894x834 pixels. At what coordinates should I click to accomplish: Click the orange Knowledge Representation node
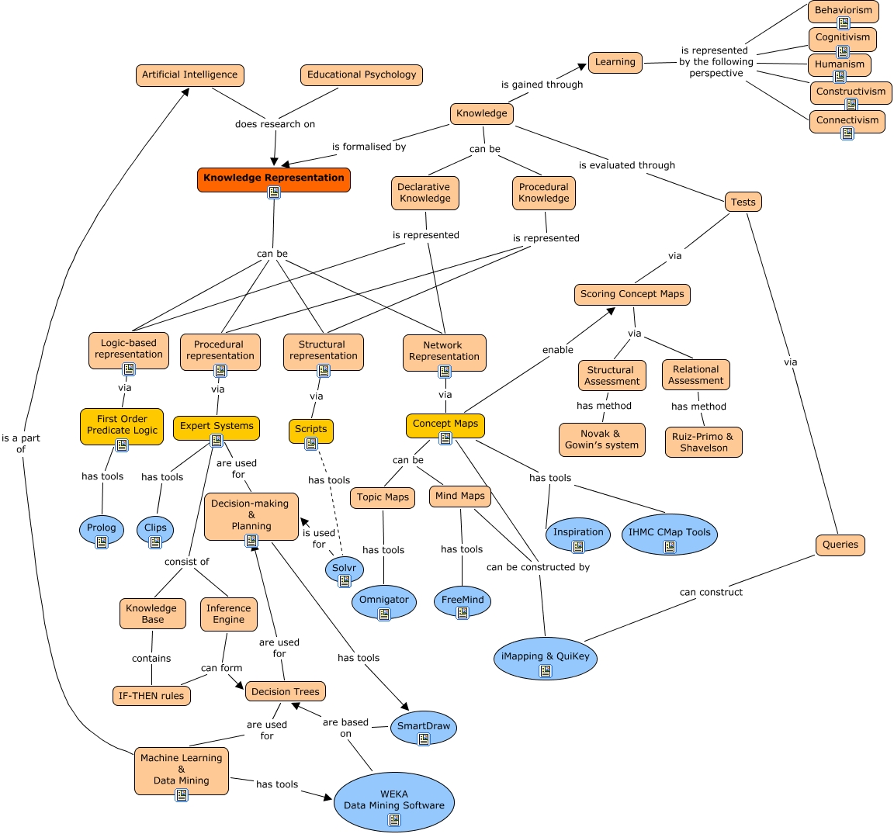pyautogui.click(x=273, y=178)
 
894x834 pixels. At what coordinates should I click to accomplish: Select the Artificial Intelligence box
pyautogui.click(x=189, y=75)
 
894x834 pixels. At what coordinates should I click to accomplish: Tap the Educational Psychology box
pyautogui.click(x=361, y=75)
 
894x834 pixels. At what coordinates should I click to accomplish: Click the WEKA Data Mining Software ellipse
pyautogui.click(x=393, y=801)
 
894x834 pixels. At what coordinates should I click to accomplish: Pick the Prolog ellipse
pyautogui.click(x=102, y=529)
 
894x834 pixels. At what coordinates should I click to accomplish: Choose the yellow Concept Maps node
pyautogui.click(x=445, y=424)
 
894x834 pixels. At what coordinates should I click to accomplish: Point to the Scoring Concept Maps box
pyautogui.click(x=632, y=295)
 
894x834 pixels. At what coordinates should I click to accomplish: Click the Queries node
pyautogui.click(x=840, y=545)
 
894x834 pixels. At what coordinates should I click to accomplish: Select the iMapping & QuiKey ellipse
pyautogui.click(x=545, y=658)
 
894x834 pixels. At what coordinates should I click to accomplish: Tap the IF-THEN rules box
pyautogui.click(x=151, y=696)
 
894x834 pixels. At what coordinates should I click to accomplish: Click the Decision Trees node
pyautogui.click(x=285, y=692)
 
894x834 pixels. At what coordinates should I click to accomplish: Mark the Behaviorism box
pyautogui.click(x=843, y=11)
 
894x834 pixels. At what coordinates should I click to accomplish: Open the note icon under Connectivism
pyautogui.click(x=847, y=133)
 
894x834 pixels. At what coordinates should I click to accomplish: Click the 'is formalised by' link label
pyautogui.click(x=369, y=147)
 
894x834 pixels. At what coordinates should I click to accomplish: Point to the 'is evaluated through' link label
pyautogui.click(x=626, y=165)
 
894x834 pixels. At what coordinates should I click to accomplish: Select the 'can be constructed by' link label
pyautogui.click(x=538, y=567)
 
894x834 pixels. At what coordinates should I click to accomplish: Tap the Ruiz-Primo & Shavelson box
pyautogui.click(x=704, y=442)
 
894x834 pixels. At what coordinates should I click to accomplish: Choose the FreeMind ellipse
pyautogui.click(x=463, y=600)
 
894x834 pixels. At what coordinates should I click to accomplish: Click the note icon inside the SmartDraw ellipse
pyautogui.click(x=424, y=739)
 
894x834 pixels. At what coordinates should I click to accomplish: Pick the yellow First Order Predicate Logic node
pyautogui.click(x=122, y=425)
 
